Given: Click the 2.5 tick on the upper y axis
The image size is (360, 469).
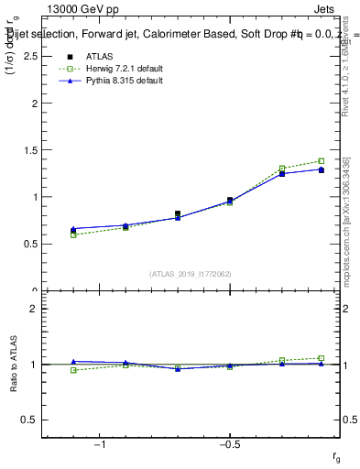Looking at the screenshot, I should pyautogui.click(x=30, y=57).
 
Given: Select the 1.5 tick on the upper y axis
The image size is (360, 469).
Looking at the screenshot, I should pyautogui.click(x=30, y=150).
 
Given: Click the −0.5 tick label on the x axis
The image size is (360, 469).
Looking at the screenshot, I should pyautogui.click(x=229, y=444).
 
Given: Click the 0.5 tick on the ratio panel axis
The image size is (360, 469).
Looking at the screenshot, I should pyautogui.click(x=30, y=420).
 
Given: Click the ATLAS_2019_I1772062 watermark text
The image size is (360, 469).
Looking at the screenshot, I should pyautogui.click(x=191, y=273).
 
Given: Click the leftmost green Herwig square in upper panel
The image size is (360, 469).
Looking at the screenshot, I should pyautogui.click(x=73, y=235).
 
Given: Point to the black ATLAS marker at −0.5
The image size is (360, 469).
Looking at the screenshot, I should pyautogui.click(x=230, y=200).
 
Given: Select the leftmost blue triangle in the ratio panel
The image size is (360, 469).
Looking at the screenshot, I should pyautogui.click(x=73, y=362).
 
